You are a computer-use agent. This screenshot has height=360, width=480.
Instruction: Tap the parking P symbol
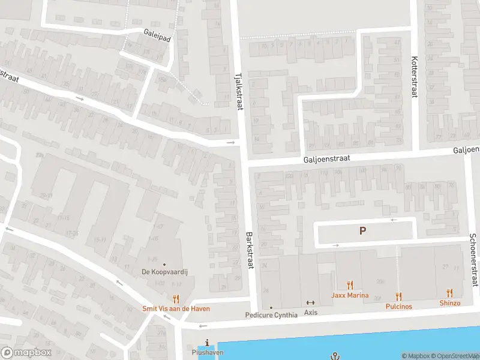(x=362, y=230)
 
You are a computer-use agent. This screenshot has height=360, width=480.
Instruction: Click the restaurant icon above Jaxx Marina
(x=350, y=286)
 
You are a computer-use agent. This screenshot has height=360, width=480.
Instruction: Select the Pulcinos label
(x=398, y=306)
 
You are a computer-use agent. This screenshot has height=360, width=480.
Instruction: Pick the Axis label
(x=310, y=312)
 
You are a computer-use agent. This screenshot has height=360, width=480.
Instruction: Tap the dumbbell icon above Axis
(x=310, y=302)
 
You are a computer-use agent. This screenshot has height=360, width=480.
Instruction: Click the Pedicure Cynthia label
(x=271, y=316)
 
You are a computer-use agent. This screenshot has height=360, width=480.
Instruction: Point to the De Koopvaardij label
(x=164, y=272)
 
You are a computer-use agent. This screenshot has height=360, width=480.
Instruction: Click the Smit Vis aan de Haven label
(x=176, y=308)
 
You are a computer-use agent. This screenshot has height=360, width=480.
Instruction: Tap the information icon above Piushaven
(x=208, y=343)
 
